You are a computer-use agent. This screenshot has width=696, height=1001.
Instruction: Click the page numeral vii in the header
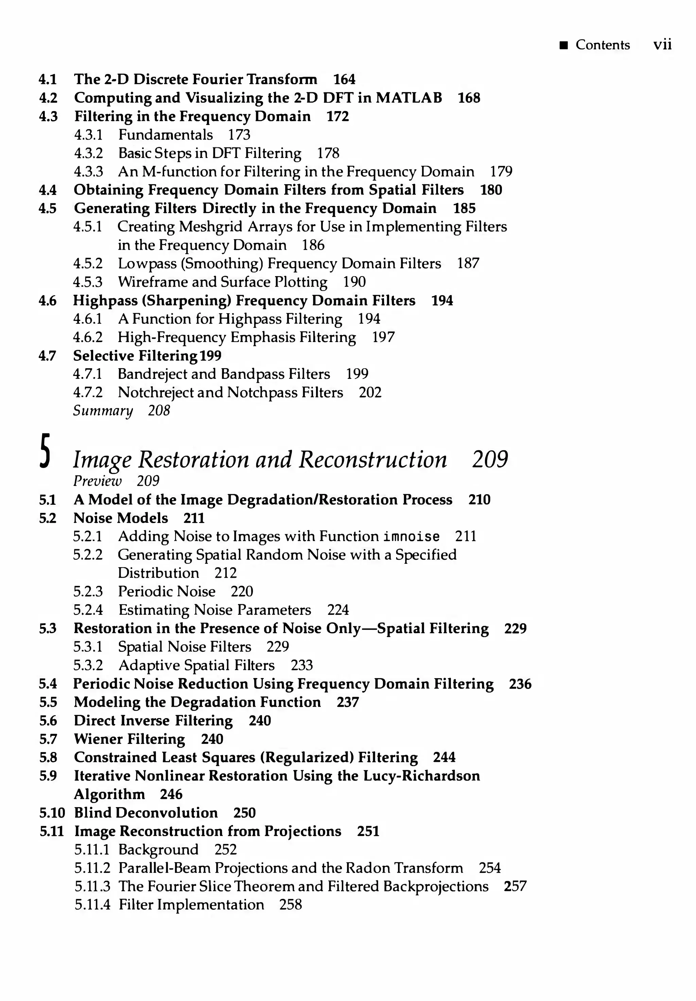(662, 44)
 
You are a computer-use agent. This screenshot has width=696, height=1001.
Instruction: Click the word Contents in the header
(603, 44)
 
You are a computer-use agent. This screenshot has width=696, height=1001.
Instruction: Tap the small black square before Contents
(564, 45)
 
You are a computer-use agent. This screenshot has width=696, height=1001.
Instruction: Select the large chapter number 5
(45, 452)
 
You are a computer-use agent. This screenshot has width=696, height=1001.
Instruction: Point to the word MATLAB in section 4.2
(408, 97)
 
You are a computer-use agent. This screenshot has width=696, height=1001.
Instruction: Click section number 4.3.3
(88, 172)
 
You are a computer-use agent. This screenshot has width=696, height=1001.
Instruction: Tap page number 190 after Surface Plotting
(354, 282)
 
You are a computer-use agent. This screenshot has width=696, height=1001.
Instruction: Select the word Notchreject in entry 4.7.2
(156, 393)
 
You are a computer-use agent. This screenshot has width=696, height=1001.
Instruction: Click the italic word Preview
(97, 481)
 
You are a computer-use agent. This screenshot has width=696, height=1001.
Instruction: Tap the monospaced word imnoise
(411, 536)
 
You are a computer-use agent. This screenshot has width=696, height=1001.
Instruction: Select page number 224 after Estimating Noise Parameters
(338, 610)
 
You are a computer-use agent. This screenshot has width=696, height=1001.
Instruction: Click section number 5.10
(52, 813)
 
